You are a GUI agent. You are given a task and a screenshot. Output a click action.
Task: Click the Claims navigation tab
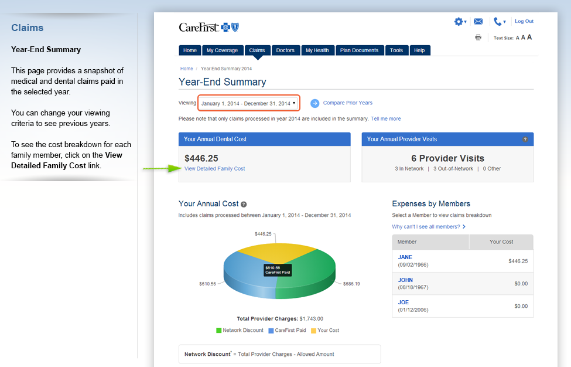pyautogui.click(x=257, y=50)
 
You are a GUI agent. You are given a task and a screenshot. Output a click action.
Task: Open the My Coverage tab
pyautogui.click(x=222, y=50)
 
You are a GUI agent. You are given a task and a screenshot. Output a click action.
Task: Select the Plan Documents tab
pyautogui.click(x=359, y=50)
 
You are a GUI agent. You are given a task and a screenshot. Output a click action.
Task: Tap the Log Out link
pyautogui.click(x=524, y=21)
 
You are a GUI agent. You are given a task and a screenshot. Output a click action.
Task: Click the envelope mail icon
pyautogui.click(x=478, y=22)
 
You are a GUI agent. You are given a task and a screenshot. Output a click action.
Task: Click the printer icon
pyautogui.click(x=478, y=37)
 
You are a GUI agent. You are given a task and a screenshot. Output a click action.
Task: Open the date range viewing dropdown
pyautogui.click(x=249, y=103)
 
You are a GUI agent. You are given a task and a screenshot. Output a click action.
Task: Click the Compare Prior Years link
pyautogui.click(x=347, y=103)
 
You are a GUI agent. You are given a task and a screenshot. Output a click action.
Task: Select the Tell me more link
pyautogui.click(x=385, y=119)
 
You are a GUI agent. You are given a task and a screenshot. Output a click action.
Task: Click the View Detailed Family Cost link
pyautogui.click(x=214, y=169)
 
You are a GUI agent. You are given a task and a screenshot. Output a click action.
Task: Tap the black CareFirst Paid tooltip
pyautogui.click(x=278, y=270)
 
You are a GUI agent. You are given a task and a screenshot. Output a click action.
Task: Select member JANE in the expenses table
pyautogui.click(x=405, y=257)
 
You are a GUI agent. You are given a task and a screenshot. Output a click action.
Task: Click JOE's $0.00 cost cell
pyautogui.click(x=521, y=306)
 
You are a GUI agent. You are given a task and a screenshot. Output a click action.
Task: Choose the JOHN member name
pyautogui.click(x=405, y=280)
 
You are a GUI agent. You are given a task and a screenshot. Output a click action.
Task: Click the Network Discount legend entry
pyautogui.click(x=240, y=330)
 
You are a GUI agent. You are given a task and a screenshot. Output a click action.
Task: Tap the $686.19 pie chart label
pyautogui.click(x=351, y=284)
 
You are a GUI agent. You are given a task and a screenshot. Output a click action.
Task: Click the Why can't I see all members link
pyautogui.click(x=429, y=227)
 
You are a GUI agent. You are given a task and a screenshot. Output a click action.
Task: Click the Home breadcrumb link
pyautogui.click(x=186, y=69)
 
